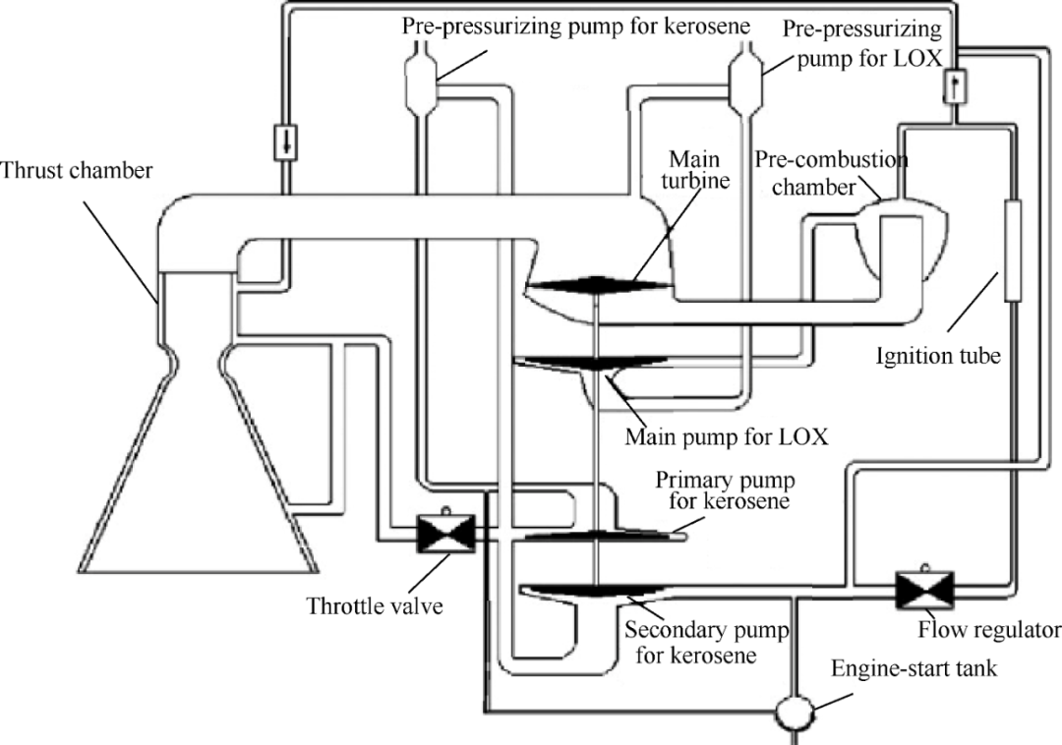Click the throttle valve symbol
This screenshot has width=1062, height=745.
coord(446,534)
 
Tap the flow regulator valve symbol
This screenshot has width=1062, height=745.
coord(924,590)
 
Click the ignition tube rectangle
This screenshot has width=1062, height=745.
coord(1013,251)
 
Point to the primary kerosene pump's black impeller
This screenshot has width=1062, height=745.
coord(596,537)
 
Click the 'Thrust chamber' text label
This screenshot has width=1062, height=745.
coord(77,170)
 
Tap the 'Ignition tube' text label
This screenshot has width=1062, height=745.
coord(938,355)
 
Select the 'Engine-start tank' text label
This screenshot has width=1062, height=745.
coord(914,669)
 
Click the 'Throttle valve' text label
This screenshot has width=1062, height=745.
coord(375,604)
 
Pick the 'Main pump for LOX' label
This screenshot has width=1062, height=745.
coord(726,436)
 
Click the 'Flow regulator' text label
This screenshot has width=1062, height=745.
coord(989,631)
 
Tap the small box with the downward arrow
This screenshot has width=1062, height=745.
coord(285,143)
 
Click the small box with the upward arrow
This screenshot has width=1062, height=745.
coord(955,86)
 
